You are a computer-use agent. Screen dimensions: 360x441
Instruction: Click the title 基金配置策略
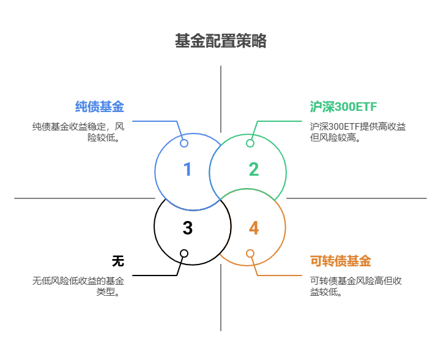pos(220,42)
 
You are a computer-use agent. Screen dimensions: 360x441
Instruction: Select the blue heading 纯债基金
pos(100,107)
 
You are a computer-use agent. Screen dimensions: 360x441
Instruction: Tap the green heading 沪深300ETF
pos(343,107)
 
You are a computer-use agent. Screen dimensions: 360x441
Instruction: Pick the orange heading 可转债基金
pos(341,261)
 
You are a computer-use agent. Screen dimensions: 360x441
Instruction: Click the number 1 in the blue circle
pos(187,170)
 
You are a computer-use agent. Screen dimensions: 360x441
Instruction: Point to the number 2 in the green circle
pos(253,170)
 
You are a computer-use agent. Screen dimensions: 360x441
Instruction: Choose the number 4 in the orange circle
pos(254,228)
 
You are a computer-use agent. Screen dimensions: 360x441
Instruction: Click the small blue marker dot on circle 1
pos(184,143)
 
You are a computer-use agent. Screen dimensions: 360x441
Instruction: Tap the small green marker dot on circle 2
pos(250,143)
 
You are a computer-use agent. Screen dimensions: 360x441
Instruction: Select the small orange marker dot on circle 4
pos(250,253)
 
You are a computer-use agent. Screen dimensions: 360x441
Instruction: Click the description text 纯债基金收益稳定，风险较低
pos(78,132)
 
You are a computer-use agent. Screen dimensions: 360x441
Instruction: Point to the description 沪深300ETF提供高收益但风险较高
pos(357,132)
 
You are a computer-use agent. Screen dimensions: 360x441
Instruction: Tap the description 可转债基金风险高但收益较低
pos(355,286)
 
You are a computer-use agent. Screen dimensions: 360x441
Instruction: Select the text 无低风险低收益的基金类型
pos(78,286)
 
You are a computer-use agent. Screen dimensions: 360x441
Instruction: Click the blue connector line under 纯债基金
pos(153,121)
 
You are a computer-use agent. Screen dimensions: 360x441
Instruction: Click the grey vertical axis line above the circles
pos(221,98)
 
